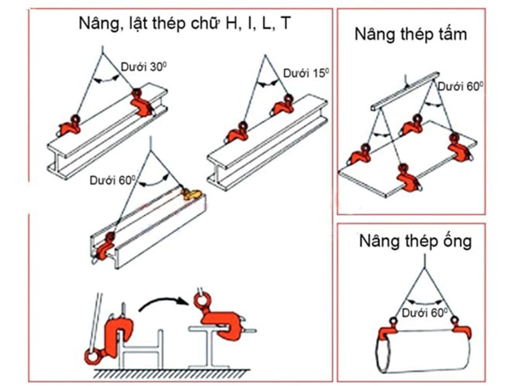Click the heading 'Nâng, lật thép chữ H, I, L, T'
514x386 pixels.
point(185,24)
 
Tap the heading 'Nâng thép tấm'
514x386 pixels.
point(411,34)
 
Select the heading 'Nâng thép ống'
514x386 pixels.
point(415,241)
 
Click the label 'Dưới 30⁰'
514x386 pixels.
point(144,67)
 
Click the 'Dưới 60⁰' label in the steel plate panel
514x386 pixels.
point(460,87)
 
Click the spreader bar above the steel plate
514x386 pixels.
point(405,91)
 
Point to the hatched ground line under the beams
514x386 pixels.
point(172,373)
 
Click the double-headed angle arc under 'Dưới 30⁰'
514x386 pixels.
point(106,79)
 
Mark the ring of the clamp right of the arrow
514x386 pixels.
point(201,299)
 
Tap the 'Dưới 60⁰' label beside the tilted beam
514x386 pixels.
point(112,180)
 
